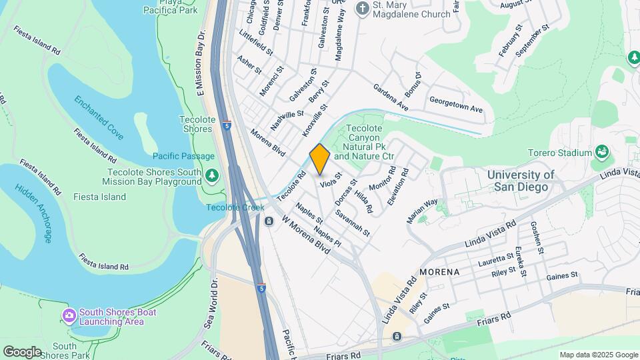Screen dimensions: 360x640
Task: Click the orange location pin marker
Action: pos(320,159)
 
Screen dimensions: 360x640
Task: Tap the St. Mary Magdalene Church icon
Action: pos(363,8)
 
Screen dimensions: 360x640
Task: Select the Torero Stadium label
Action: pos(559,153)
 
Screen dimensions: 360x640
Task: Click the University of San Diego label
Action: pos(521,181)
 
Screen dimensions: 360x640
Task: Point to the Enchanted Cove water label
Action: pos(99,118)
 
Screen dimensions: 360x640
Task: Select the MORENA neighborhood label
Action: pos(439,273)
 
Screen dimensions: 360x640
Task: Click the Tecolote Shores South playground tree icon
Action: pos(212,175)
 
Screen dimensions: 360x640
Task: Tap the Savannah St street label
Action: pos(353,223)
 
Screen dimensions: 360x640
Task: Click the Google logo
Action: pos(22,351)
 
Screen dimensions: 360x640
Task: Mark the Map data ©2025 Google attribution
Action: pos(599,355)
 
